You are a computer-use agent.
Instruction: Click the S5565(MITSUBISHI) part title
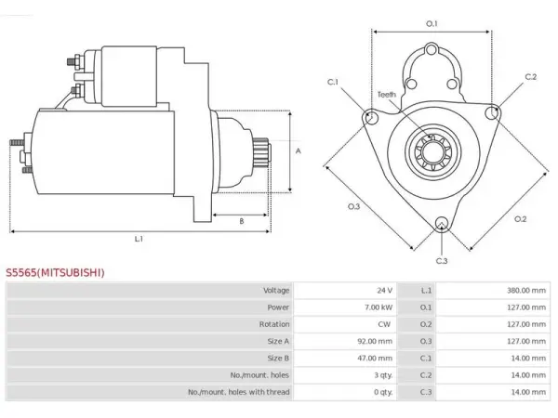[55, 272]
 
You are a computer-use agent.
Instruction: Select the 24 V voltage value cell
[384, 291]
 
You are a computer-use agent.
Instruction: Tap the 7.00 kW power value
[379, 307]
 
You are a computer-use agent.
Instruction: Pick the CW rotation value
[384, 324]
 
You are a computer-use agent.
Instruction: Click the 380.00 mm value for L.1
[526, 291]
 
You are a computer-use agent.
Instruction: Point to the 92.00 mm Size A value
[375, 341]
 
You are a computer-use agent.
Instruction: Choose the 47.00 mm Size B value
[375, 358]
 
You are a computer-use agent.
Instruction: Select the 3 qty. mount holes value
[383, 375]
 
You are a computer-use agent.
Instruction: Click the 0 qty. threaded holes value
[383, 392]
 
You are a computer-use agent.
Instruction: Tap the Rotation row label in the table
[274, 324]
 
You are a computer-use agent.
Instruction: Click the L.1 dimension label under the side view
[139, 239]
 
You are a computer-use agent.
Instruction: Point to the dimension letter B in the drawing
[242, 221]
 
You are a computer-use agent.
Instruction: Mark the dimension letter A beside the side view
[299, 150]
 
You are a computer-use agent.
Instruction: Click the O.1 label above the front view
[432, 24]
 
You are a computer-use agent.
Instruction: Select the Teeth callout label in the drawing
[387, 95]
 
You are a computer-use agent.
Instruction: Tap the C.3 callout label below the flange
[442, 261]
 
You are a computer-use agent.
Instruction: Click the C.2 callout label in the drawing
[531, 77]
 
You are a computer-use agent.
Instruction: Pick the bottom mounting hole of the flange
[442, 223]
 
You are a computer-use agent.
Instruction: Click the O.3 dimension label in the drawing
[353, 207]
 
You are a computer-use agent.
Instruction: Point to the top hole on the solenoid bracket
[432, 49]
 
